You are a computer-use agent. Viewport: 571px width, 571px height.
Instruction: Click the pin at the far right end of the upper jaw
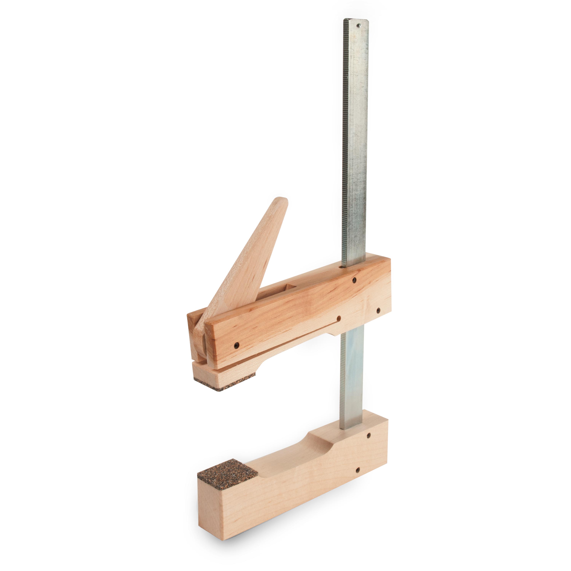coord(378,310)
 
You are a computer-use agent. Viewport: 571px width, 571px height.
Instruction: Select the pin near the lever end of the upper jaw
coord(236,345)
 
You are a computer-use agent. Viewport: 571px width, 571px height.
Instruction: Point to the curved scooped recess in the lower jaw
coord(296,455)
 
